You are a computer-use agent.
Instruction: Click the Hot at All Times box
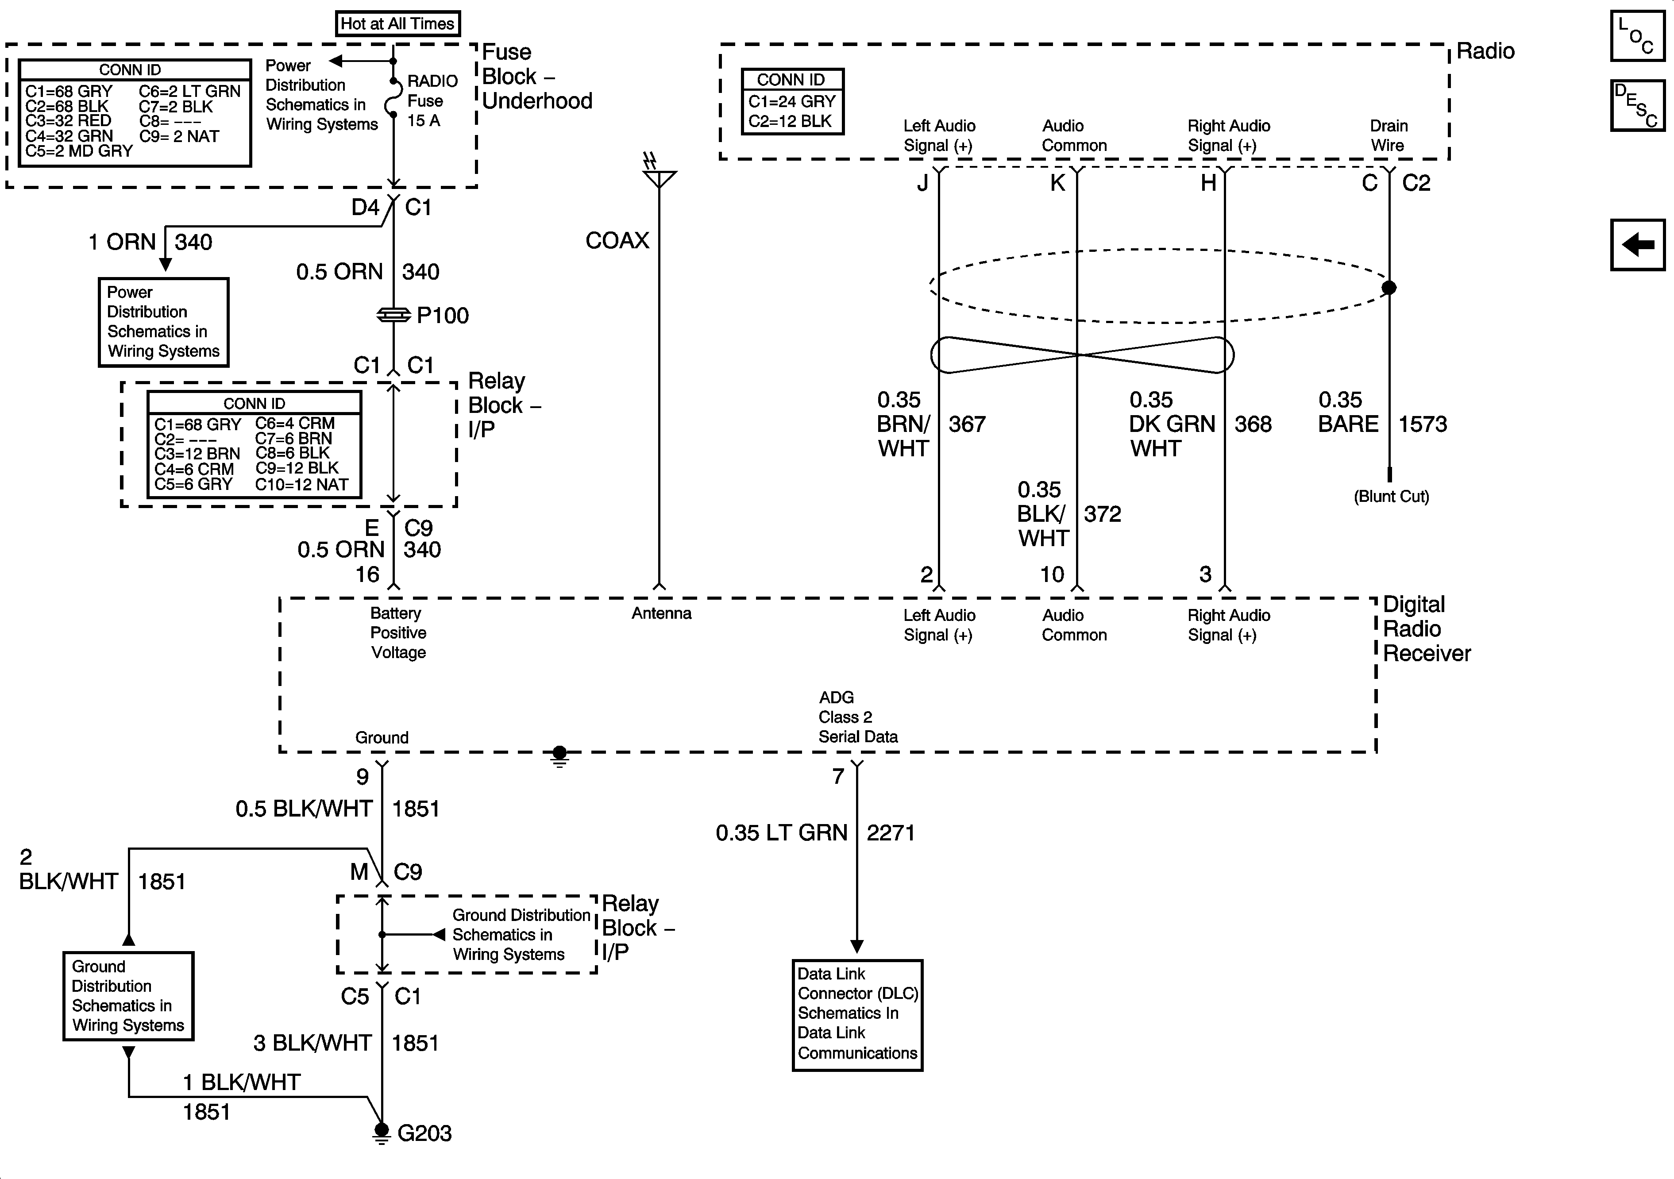pos(397,23)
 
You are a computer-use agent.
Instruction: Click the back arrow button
pos(1638,244)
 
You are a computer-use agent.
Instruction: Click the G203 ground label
pos(424,1133)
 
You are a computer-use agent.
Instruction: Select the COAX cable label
pos(617,241)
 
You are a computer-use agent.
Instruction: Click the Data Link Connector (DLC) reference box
pos(857,1014)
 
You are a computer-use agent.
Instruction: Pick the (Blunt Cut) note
pos(1391,497)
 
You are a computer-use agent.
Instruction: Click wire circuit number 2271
pos(890,832)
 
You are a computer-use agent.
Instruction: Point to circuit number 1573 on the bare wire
pos(1423,424)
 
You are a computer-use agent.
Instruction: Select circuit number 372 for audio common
pos(1103,514)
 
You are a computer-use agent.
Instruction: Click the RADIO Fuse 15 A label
pos(432,100)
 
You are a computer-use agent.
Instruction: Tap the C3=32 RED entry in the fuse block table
pos(69,121)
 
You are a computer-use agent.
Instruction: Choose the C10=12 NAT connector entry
pos(302,484)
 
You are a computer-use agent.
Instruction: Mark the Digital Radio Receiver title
pos(1425,628)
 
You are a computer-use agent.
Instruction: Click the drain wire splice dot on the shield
pos(1389,287)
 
